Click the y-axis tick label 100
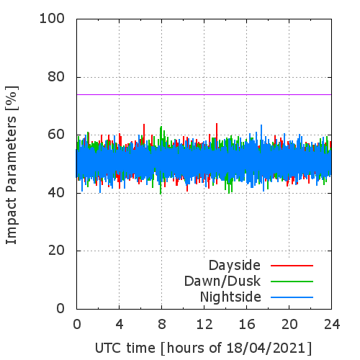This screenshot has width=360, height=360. tap(52, 19)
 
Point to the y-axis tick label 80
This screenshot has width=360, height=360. tap(56, 77)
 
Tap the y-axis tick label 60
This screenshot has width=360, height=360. tap(56, 135)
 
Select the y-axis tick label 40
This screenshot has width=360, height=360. tap(56, 193)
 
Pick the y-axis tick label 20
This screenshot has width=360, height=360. tap(56, 251)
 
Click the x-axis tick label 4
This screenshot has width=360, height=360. tap(120, 325)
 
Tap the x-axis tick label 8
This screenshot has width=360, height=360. tap(162, 325)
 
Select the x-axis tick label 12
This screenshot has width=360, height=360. tap(204, 325)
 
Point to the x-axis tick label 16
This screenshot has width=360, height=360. tap(247, 325)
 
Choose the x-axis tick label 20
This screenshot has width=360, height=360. tap(289, 325)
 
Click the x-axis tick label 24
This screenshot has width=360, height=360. tap(332, 325)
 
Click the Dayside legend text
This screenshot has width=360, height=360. tap(235, 266)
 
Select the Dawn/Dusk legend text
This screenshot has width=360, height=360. tap(222, 282)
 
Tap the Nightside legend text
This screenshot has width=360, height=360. tap(230, 297)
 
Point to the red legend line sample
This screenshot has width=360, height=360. tap(292, 266)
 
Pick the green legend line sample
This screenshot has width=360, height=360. tap(292, 282)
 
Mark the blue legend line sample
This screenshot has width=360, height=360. tap(292, 297)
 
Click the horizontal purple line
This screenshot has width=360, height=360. tap(204, 94)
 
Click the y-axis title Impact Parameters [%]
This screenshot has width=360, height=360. tap(12, 165)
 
